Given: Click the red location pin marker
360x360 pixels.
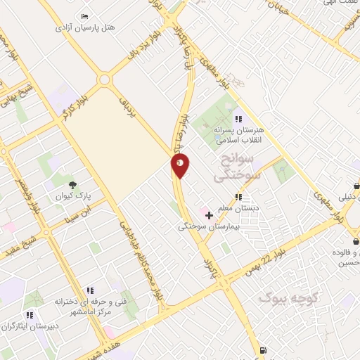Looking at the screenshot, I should pos(180,165).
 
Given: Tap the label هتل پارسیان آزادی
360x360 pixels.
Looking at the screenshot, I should pos(89,27).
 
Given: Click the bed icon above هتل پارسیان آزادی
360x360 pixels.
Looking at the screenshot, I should pos(85,17).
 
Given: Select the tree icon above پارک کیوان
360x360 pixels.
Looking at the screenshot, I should pos(72,185).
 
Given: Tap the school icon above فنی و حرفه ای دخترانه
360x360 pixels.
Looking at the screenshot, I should pos(90,290).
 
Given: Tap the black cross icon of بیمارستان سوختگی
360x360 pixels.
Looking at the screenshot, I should pos(208,215).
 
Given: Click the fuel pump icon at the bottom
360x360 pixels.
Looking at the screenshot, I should pos(263,350).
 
